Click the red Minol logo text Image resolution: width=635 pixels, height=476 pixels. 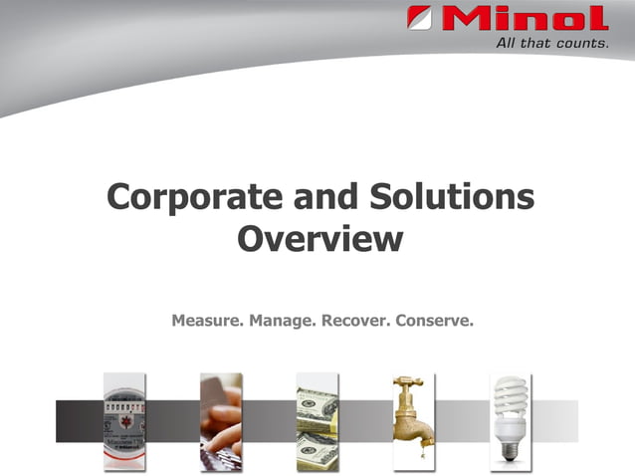click(x=524, y=19)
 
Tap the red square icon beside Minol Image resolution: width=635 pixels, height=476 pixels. click(x=419, y=19)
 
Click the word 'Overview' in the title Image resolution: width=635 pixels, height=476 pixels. click(x=320, y=240)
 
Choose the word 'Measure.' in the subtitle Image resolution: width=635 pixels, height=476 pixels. click(x=207, y=321)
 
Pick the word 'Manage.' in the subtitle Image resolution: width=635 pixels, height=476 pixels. click(x=283, y=321)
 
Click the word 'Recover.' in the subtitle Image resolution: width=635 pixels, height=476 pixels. click(x=355, y=321)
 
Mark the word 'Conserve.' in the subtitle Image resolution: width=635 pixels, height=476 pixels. click(x=434, y=321)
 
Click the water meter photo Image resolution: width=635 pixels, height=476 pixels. click(x=124, y=421)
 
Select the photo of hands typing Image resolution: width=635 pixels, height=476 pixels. click(x=221, y=421)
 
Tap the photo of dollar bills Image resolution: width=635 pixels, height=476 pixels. click(x=317, y=421)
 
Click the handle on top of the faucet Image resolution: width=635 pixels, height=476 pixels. click(x=408, y=381)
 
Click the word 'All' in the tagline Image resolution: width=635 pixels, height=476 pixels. click(x=508, y=43)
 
